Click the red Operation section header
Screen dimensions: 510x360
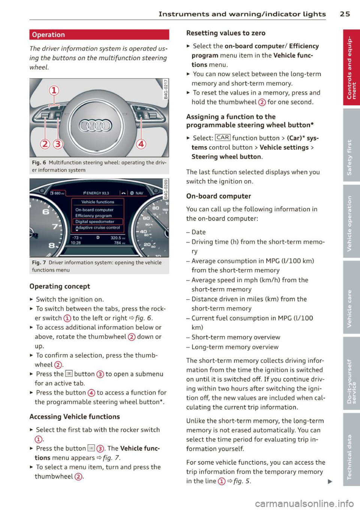coord(99,34)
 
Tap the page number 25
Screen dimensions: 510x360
coord(345,14)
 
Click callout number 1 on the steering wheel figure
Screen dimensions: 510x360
coord(54,90)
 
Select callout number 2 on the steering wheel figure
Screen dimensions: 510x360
coord(45,144)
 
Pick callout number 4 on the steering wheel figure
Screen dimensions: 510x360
coord(141,144)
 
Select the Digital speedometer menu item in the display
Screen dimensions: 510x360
coord(95,221)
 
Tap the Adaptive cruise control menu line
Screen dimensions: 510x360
coord(97,227)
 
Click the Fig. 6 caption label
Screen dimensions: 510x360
coord(39,163)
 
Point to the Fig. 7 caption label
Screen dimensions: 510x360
coord(39,263)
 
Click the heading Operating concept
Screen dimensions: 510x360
coord(60,286)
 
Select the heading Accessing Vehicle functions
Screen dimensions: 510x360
coord(75,417)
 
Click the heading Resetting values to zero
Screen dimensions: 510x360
coord(226,33)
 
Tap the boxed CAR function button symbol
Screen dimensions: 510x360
coord(223,138)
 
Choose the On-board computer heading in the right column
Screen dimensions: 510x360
coord(219,196)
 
